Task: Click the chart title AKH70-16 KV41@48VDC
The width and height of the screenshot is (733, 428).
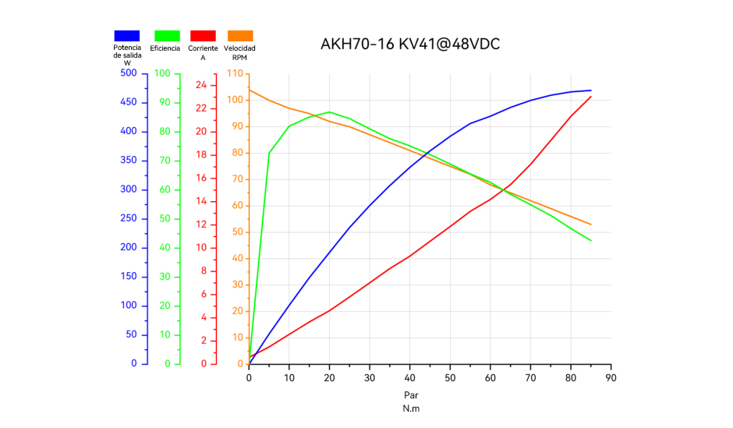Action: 410,44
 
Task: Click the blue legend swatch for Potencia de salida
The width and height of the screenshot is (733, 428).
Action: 127,36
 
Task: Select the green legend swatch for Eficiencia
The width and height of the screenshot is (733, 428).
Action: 167,36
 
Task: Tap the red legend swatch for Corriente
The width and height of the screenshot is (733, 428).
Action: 204,36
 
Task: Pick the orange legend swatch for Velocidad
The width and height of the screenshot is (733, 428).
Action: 240,36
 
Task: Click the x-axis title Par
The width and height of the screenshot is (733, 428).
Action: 411,395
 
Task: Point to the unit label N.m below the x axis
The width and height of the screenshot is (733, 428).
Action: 411,409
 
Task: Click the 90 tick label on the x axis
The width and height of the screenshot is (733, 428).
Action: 611,378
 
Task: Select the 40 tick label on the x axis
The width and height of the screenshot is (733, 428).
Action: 409,378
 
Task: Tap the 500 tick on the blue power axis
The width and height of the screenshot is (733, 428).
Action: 128,73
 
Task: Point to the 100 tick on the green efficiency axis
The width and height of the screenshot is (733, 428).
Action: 162,73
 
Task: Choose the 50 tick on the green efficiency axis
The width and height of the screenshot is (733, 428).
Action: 165,218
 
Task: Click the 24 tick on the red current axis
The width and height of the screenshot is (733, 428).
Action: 200,85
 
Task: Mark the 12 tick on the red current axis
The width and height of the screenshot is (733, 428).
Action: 200,225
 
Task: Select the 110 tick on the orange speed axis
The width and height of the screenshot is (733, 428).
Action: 235,73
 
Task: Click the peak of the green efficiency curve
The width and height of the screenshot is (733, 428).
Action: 329,111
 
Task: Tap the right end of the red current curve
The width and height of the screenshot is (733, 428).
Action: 591,97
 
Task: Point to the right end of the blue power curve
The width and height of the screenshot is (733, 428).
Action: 591,90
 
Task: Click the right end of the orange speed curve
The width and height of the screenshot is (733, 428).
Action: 591,225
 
